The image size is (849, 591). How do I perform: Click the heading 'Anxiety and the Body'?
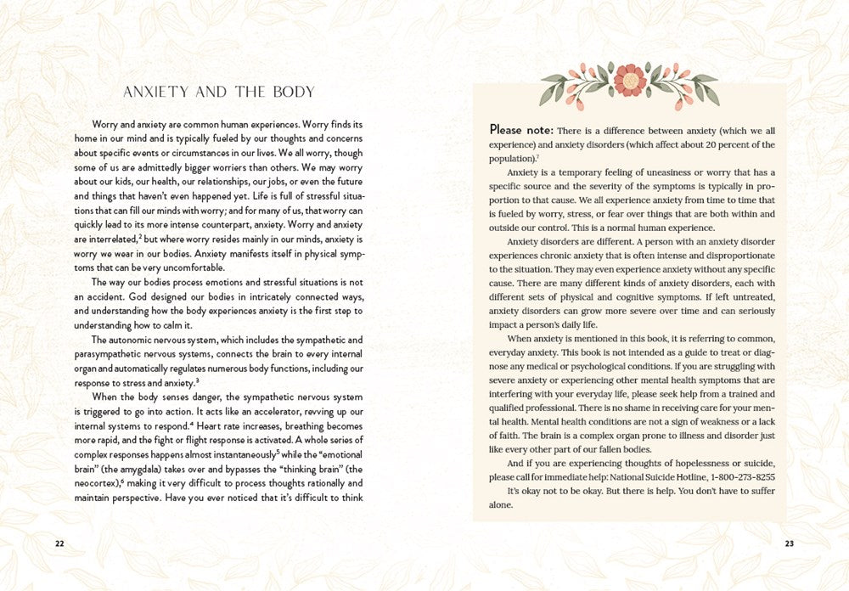tap(219, 92)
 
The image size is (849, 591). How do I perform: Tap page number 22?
tap(59, 544)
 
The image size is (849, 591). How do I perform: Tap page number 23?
tap(789, 544)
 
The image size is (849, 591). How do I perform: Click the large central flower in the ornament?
tap(630, 81)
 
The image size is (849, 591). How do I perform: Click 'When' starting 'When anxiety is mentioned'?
tap(520, 339)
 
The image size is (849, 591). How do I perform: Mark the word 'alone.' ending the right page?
tap(502, 505)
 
